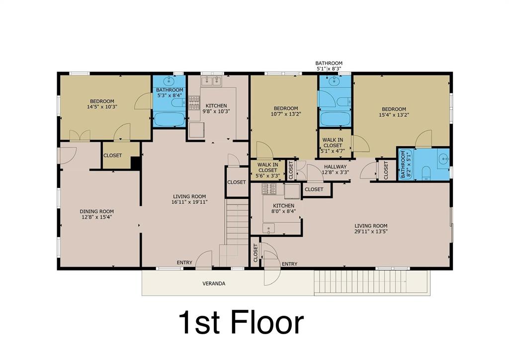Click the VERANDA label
click(214, 283)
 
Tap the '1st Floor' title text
click(241, 323)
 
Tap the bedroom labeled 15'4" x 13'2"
click(394, 112)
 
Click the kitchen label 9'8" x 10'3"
click(216, 108)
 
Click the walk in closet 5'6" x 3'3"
click(267, 170)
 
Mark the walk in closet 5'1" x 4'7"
click(332, 143)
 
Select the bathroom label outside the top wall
click(329, 66)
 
